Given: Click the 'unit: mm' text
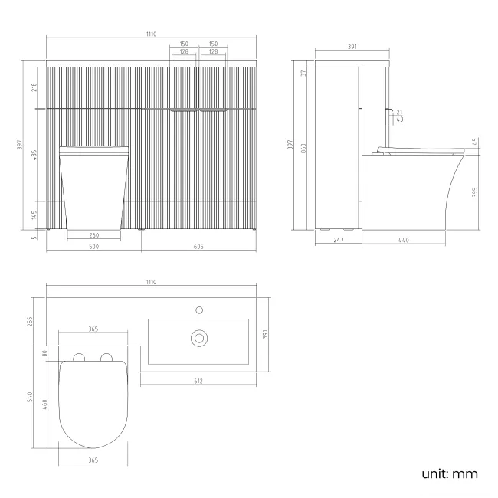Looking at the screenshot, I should pos(450,473).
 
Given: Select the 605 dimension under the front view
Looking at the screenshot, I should pos(198,247).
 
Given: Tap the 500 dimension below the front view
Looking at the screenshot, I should pos(93,247).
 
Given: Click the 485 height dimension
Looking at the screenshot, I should pos(34,155).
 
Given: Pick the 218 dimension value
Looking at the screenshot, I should pos(34,87).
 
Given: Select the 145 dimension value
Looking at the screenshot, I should pos(34,215).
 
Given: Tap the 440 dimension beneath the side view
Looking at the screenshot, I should pos(403,241).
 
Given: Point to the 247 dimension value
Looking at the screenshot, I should pos(338,241).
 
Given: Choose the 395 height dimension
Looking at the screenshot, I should pos(476,191).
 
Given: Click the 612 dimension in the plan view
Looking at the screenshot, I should pos(198,380).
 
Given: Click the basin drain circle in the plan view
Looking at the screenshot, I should pos(199,336).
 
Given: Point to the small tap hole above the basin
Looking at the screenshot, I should pos(199,310).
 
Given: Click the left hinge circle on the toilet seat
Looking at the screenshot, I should pos(78,358).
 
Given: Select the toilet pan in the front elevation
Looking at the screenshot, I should pos(93,188).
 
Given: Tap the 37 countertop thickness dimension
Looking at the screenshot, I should pos(304,73).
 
